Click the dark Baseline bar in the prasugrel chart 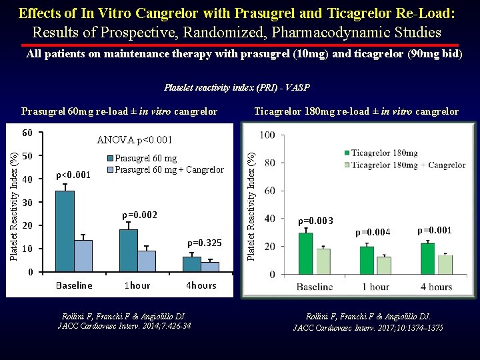[65, 231]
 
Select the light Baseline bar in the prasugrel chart [83, 255]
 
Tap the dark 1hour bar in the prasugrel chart [128, 251]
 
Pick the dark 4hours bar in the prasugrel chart [192, 264]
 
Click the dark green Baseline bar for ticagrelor [305, 253]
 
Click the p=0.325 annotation [205, 243]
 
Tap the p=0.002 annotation [139, 215]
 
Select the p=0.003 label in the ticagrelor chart [315, 221]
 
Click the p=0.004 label [373, 233]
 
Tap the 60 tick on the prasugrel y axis [27, 133]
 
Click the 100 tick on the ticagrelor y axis [267, 135]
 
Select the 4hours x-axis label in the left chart [200, 285]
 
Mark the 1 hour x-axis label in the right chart [375, 287]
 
